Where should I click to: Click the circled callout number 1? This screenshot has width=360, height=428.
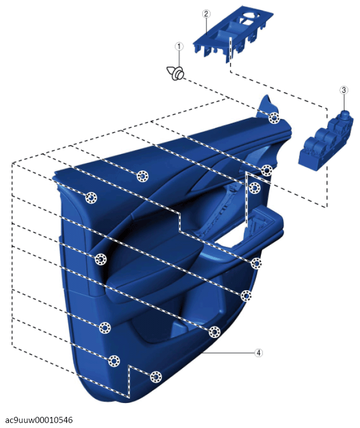pos(179,46)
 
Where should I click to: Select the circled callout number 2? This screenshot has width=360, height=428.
pos(206,13)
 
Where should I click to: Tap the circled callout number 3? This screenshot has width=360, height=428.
pos(344,90)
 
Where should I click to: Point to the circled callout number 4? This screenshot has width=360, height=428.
pos(258,352)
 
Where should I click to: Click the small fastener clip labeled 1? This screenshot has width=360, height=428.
pos(175,72)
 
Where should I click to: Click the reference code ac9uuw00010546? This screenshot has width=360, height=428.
pos(39,420)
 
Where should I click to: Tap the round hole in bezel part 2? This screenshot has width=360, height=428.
pos(249,16)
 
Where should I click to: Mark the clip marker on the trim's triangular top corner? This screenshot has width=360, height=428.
pos(274,118)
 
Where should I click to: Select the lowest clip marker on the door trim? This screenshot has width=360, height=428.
pos(156,377)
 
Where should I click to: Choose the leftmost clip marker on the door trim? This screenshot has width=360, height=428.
pos(91,198)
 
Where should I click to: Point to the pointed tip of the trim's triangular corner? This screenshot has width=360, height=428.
pos(267,95)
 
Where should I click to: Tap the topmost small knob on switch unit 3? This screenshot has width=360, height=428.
pos(345,113)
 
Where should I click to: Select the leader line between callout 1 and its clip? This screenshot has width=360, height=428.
pos(179,58)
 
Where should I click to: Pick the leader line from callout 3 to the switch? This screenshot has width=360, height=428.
pos(344,102)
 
